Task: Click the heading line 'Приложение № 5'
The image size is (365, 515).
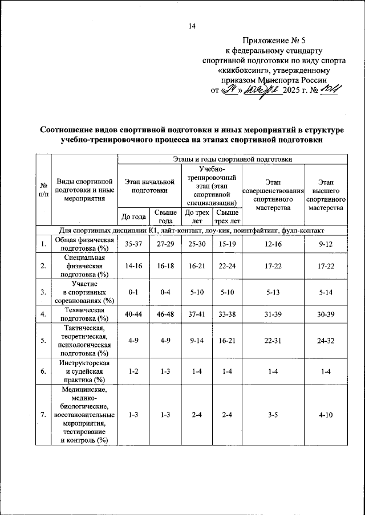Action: tap(274, 40)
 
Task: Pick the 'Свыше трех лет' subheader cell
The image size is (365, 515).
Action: tap(226, 217)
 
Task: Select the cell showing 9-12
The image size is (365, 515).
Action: tap(326, 244)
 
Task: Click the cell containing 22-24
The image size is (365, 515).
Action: tap(226, 265)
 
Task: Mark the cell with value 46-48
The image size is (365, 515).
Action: tap(165, 313)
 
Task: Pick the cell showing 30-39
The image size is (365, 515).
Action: tap(326, 313)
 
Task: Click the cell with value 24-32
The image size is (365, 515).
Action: tap(326, 340)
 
